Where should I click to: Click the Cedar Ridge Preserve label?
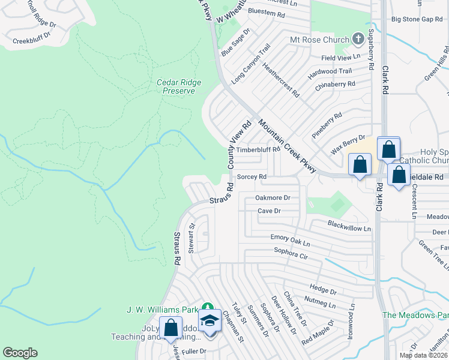point(179,86)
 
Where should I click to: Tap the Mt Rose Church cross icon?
point(358,40)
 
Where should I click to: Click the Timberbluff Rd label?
point(258,149)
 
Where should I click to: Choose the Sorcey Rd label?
point(252,177)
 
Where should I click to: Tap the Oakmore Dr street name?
point(273,197)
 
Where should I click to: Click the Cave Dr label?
point(269,211)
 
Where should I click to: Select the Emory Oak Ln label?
point(290,240)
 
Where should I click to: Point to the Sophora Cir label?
point(291,253)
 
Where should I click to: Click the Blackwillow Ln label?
point(349,226)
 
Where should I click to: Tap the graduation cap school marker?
point(209,320)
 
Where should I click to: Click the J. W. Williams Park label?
point(162,310)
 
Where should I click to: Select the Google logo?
point(20,353)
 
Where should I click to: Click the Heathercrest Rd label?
point(281,82)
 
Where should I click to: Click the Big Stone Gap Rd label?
point(416,19)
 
